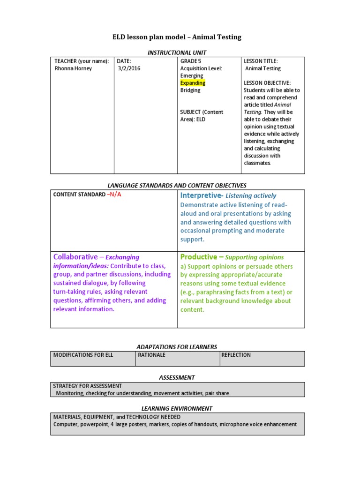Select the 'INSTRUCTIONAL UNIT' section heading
[x=177, y=52]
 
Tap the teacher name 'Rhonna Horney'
[x=74, y=68]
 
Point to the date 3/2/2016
[x=129, y=68]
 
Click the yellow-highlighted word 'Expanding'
[x=193, y=83]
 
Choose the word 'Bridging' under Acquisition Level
[x=190, y=90]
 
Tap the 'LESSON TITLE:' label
[x=261, y=61]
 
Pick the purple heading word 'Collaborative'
[x=75, y=257]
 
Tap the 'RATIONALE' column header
[x=151, y=355]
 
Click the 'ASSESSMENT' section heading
[x=177, y=377]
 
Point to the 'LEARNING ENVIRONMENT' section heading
[x=177, y=408]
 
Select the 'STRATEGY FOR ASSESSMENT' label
[x=88, y=386]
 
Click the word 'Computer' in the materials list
[x=66, y=424]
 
